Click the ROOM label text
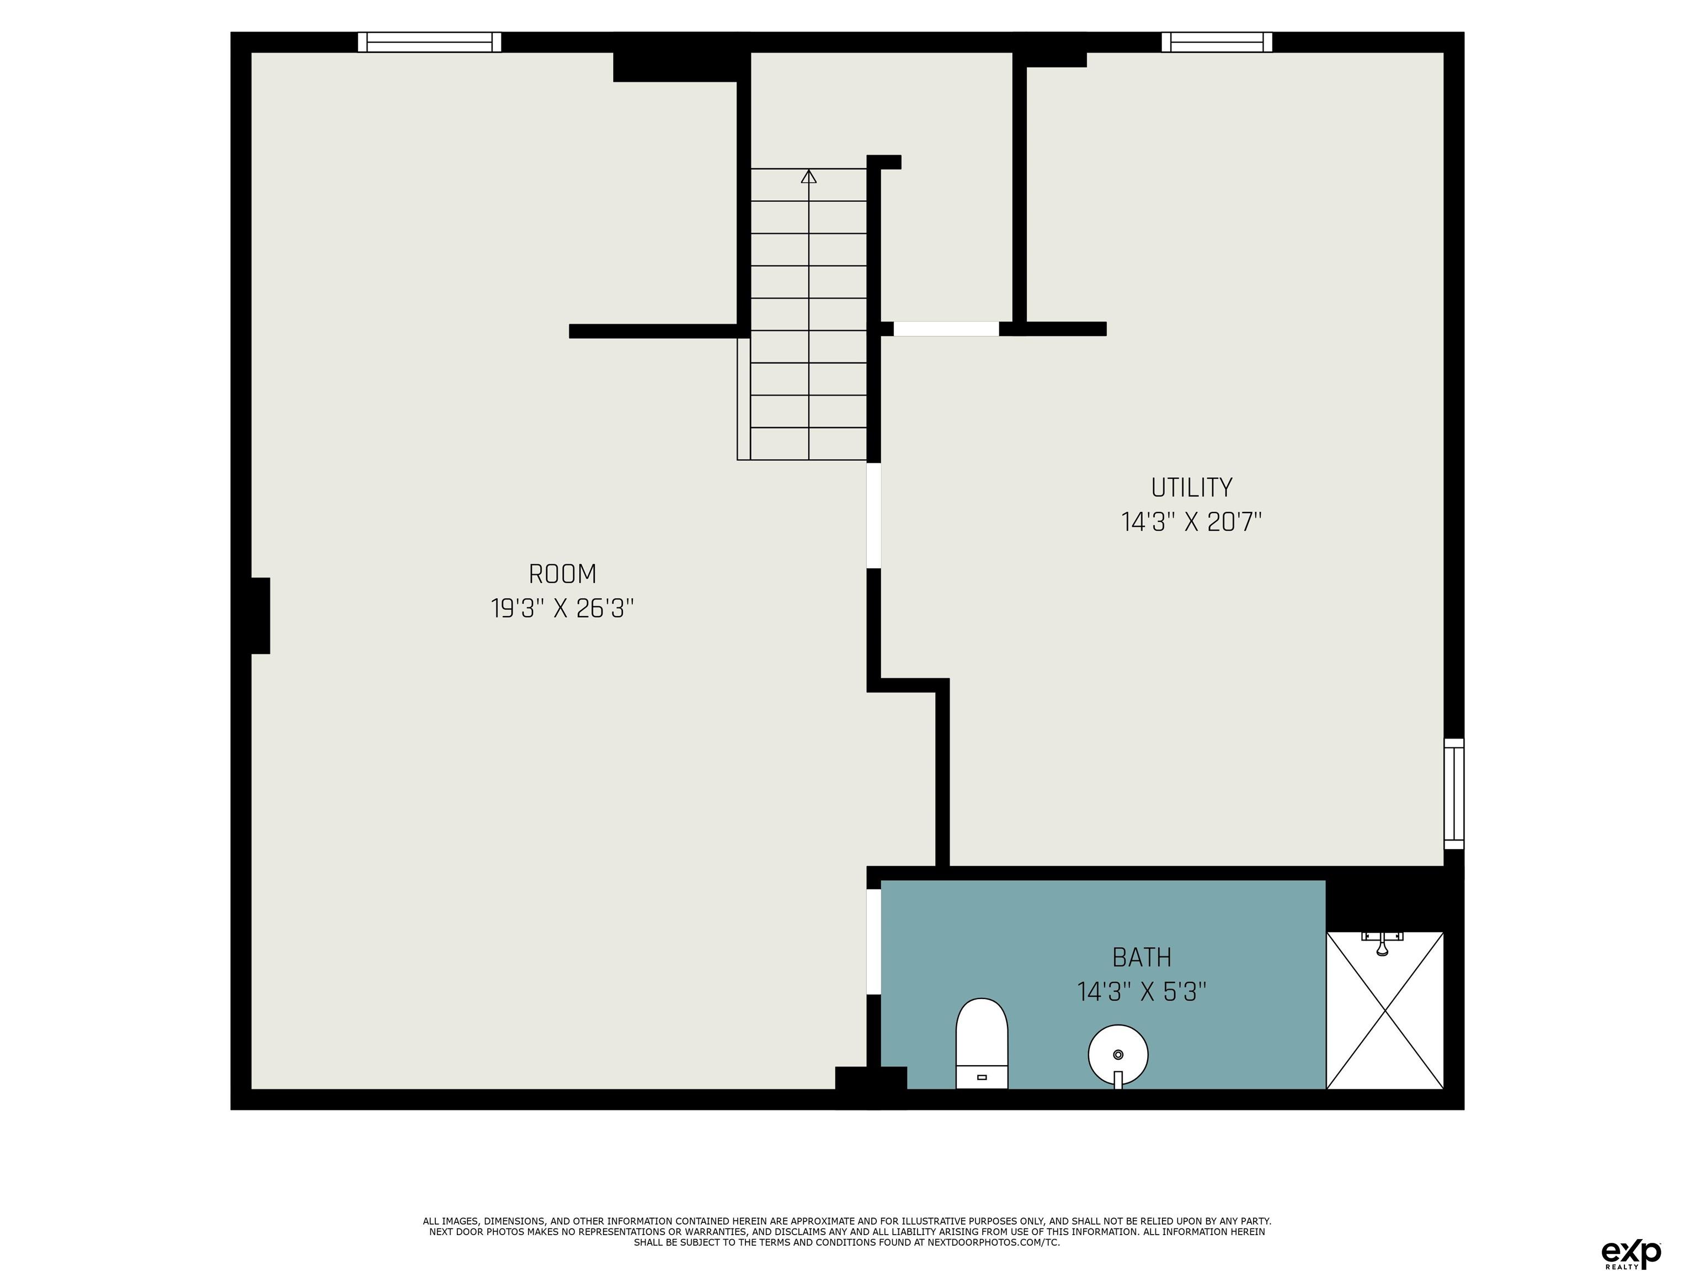(562, 574)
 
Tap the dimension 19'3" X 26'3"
(562, 609)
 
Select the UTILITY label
(1192, 487)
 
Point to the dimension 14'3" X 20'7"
(1192, 522)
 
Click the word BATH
(1142, 957)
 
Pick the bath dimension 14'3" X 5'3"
(1142, 992)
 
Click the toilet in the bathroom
(982, 1044)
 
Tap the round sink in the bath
(1118, 1056)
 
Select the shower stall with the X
(1385, 1010)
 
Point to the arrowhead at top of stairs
(808, 176)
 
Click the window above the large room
(429, 42)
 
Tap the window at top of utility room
(1217, 42)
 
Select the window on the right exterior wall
(1454, 794)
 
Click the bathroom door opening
(873, 942)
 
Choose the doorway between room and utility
(873, 516)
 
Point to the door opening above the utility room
(946, 329)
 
